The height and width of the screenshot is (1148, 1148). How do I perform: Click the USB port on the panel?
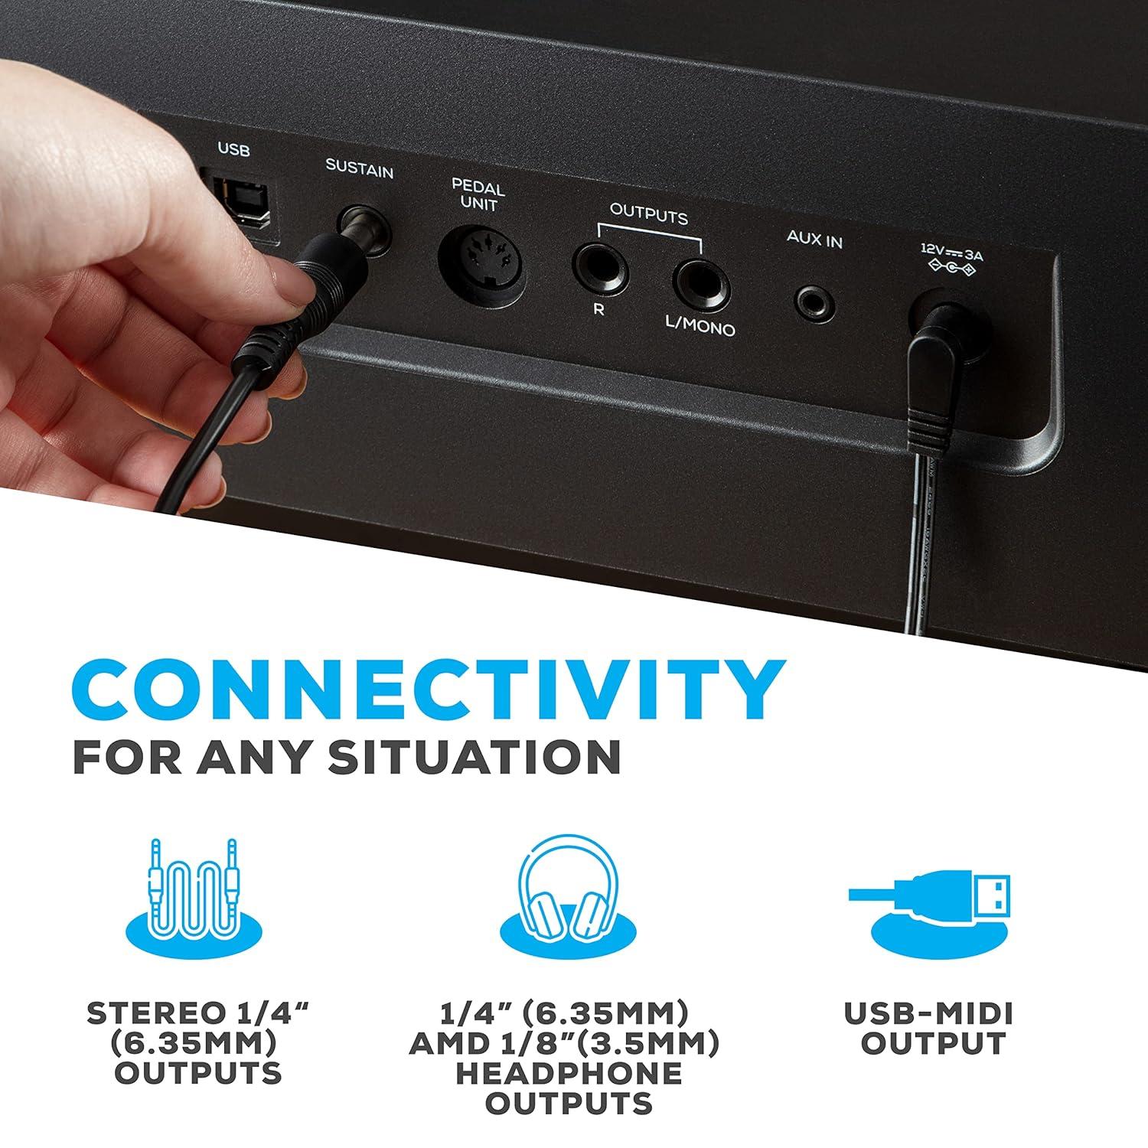tap(242, 202)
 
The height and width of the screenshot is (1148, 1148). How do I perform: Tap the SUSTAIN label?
tap(359, 168)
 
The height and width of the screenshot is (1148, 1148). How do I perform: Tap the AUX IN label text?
tap(814, 240)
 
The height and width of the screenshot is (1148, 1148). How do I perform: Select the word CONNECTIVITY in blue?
tap(429, 687)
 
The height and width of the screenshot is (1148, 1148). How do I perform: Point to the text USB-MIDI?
tap(928, 1014)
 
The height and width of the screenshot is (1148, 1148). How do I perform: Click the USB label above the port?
tap(234, 151)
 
